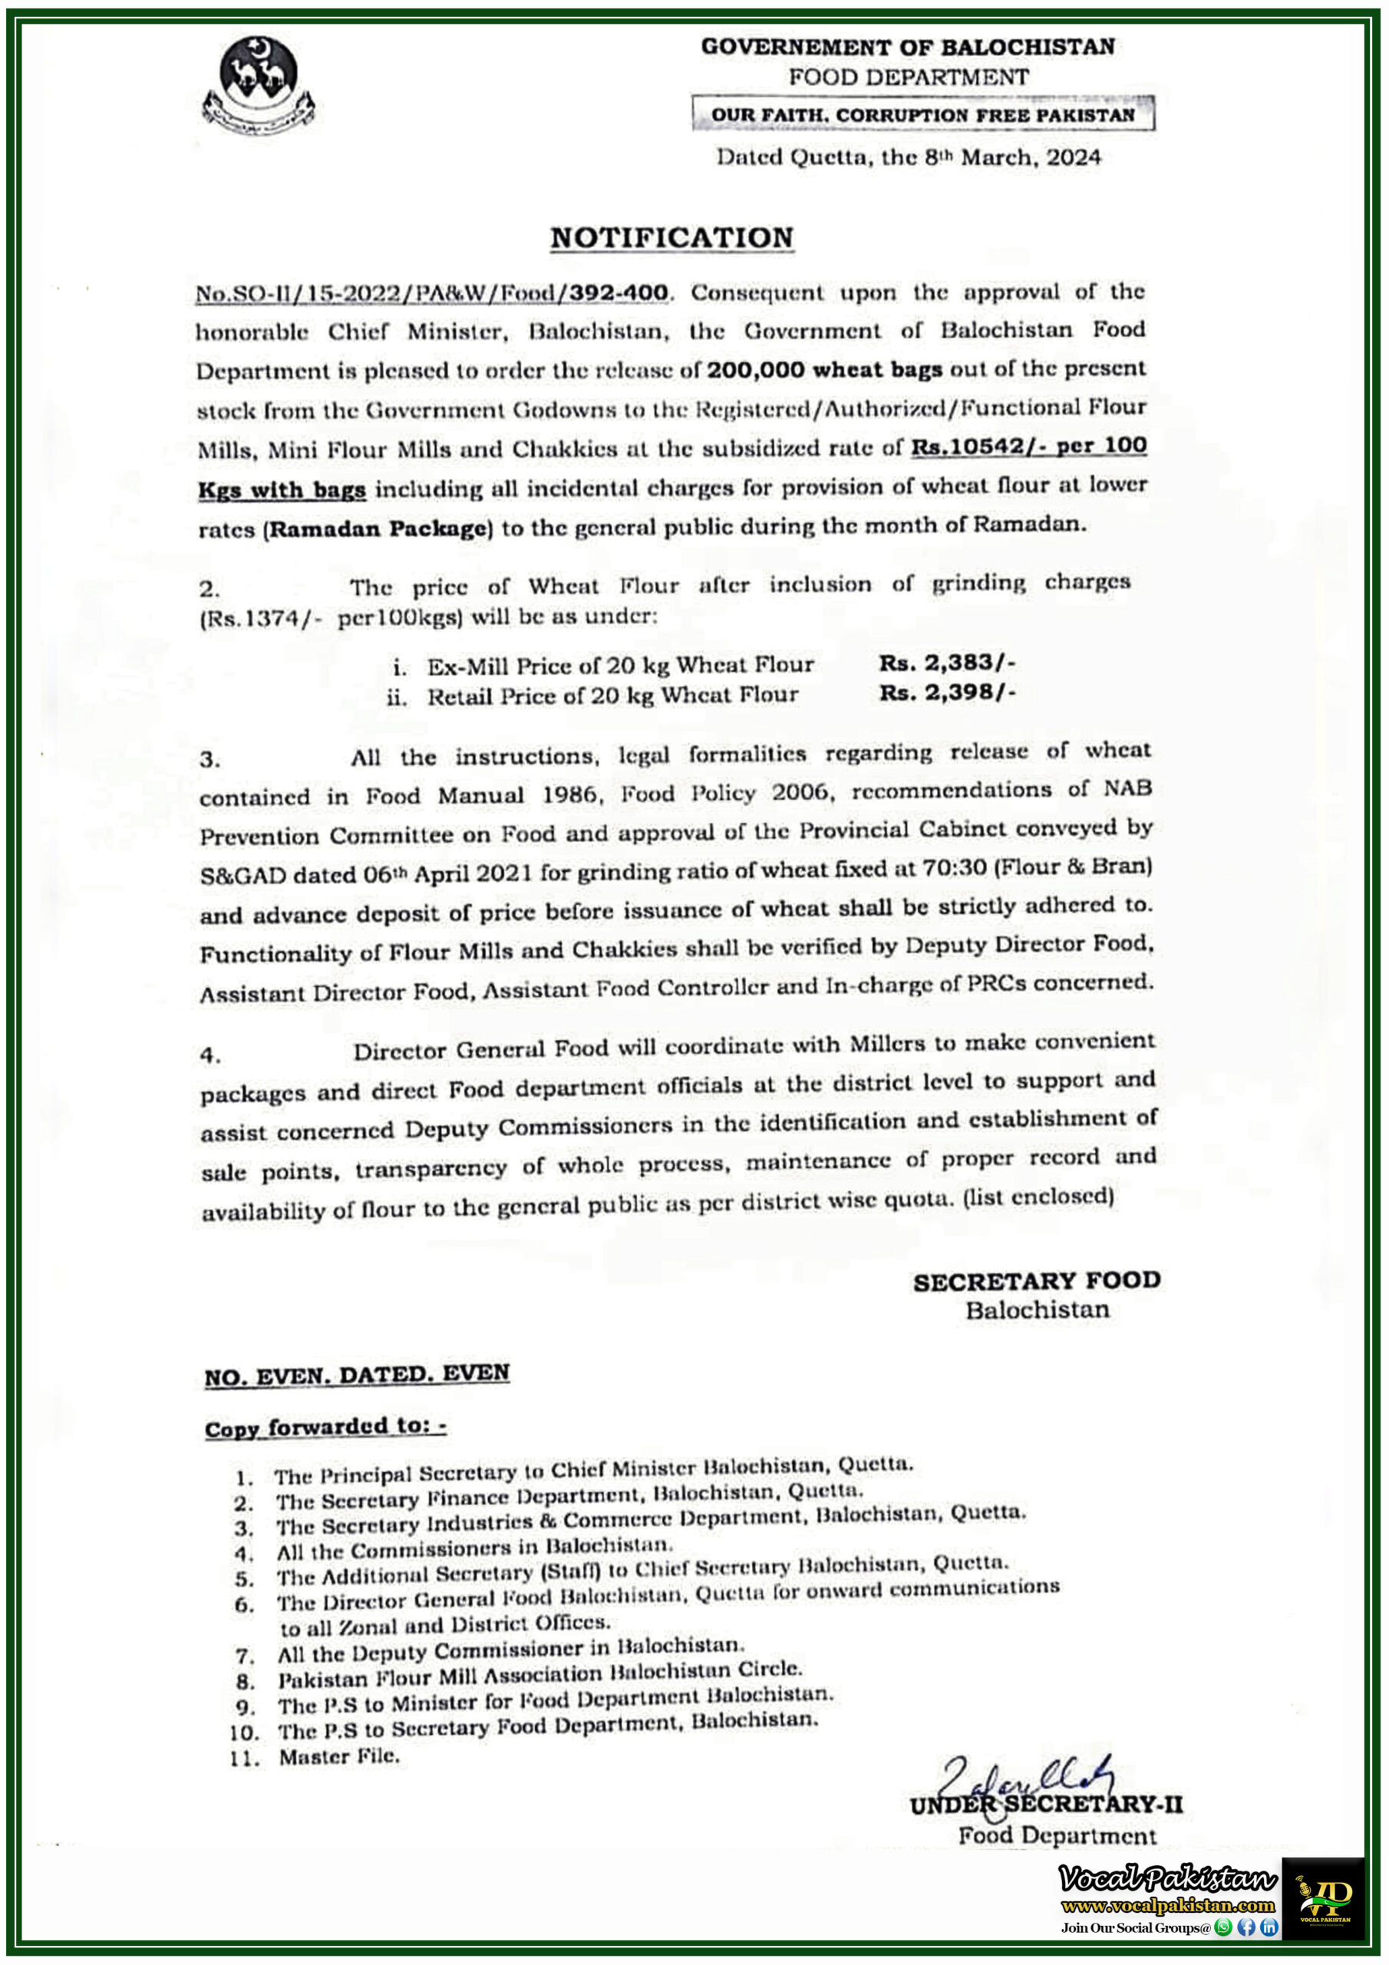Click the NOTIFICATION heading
671,237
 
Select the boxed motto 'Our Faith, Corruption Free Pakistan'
922,114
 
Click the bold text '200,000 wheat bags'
824,370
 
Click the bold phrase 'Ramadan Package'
378,528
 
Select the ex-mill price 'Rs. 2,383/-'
946,662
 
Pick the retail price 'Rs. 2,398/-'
946,692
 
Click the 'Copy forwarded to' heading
325,1428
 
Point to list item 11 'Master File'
339,1757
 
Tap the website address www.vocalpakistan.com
1167,1906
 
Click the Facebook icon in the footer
1246,1927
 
